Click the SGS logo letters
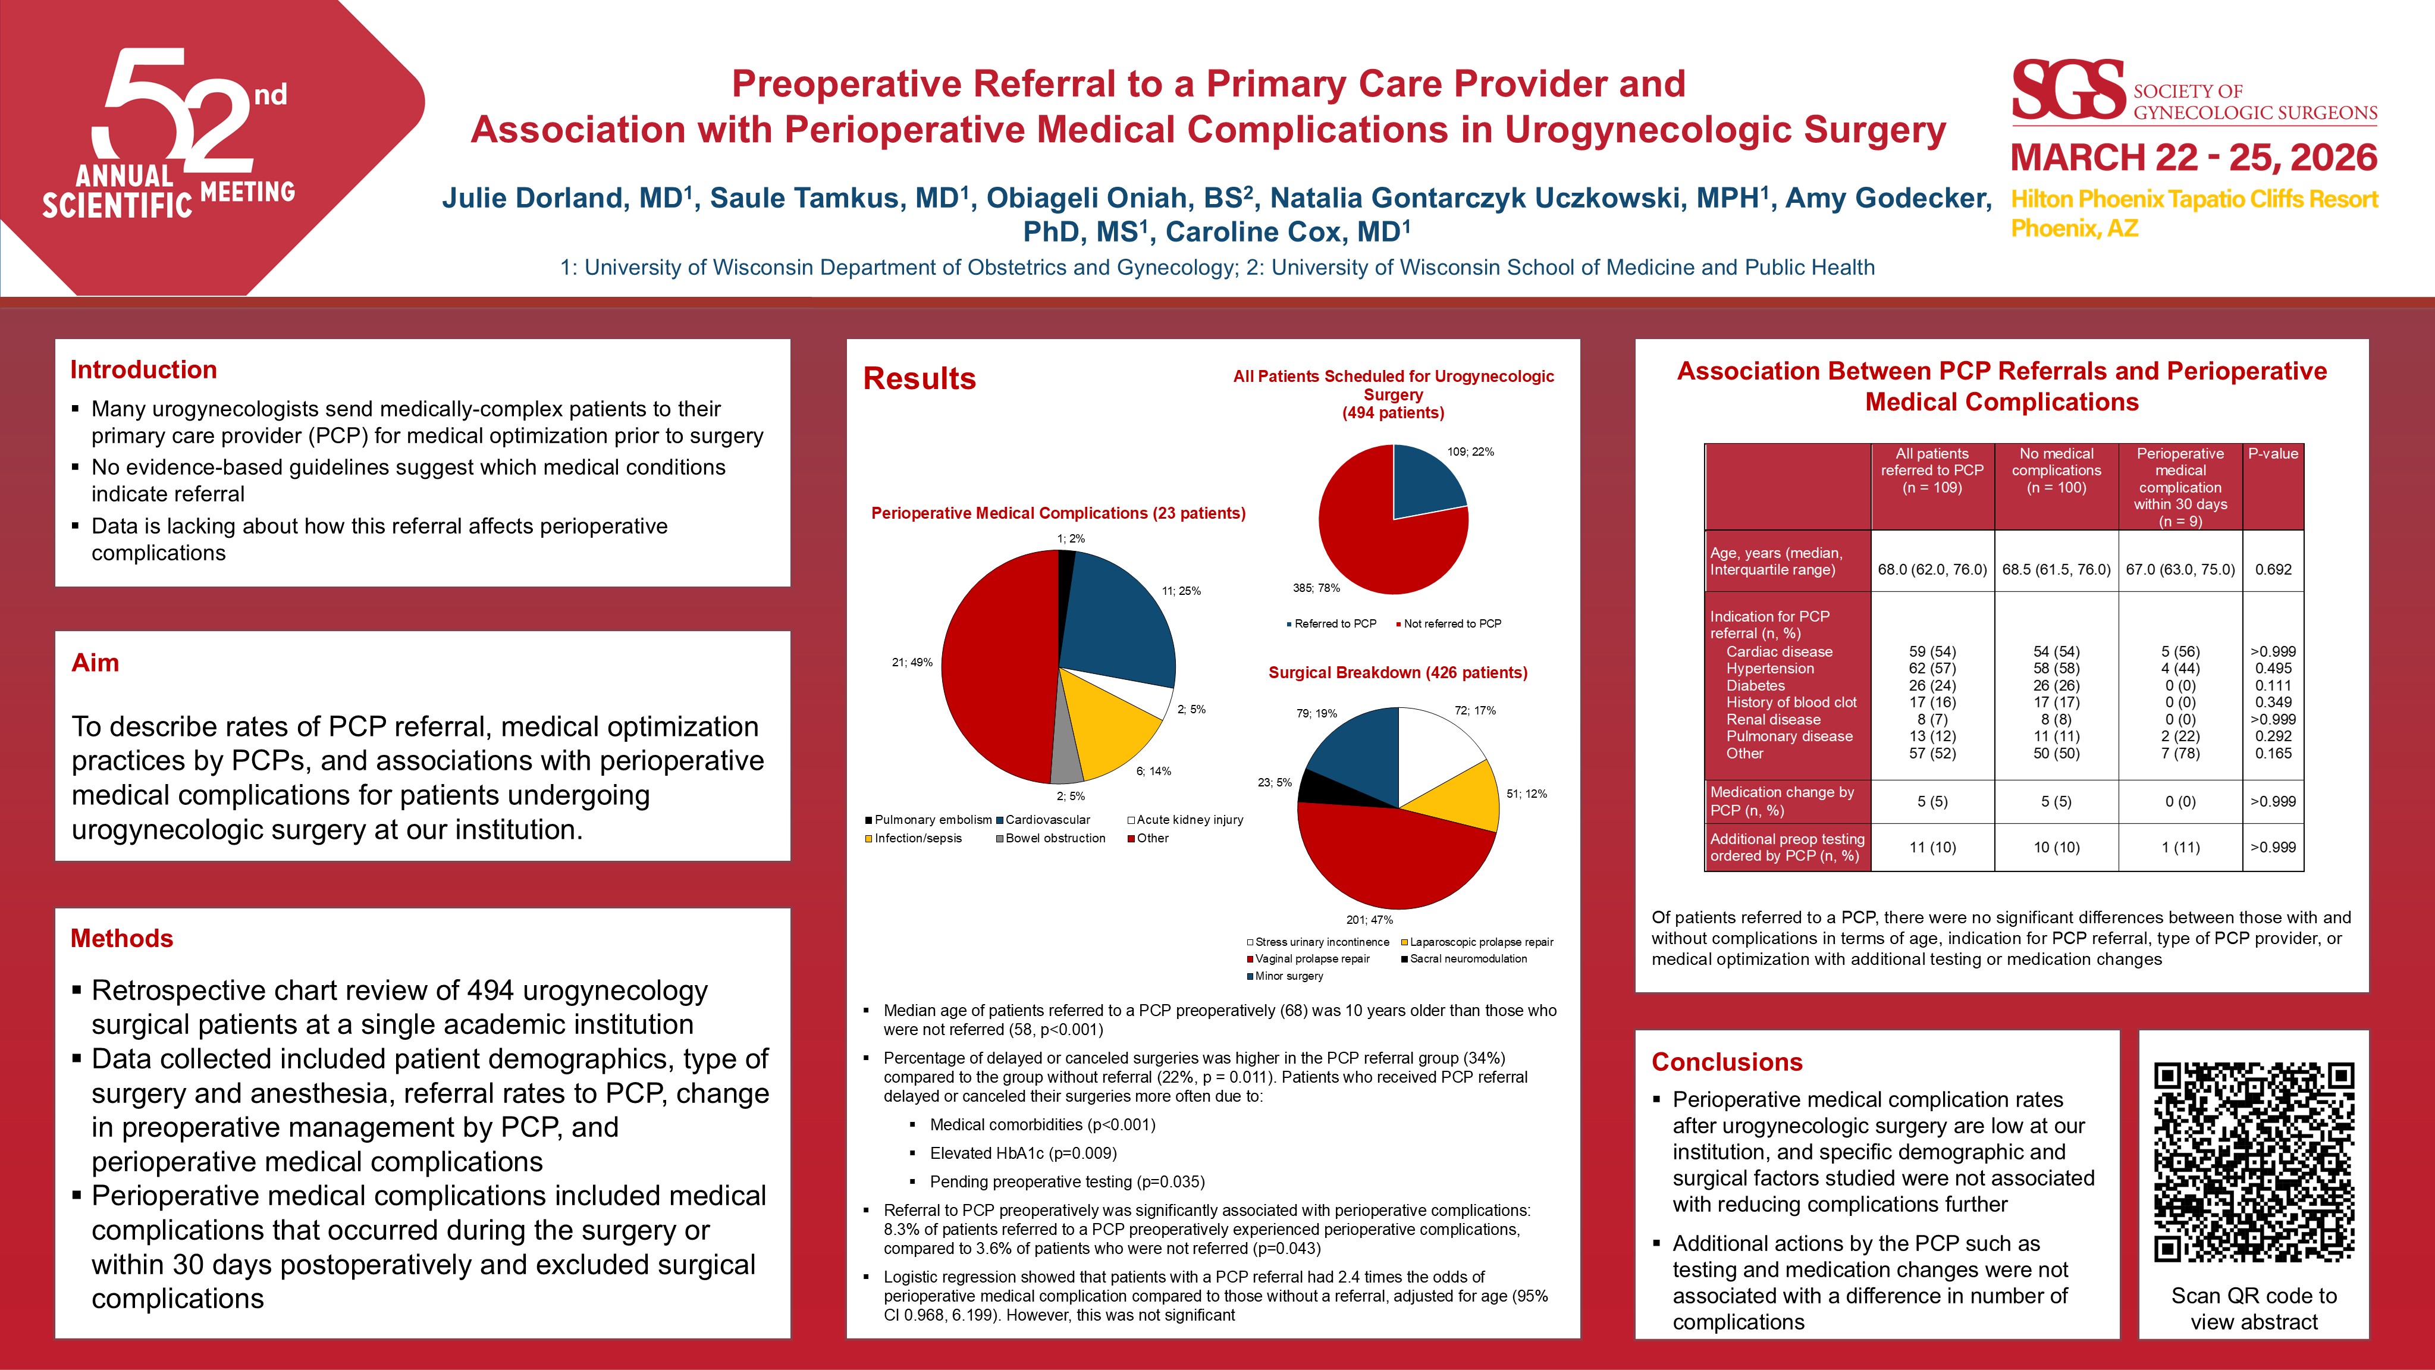[x=2068, y=91]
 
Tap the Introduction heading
[x=144, y=369]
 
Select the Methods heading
[x=122, y=938]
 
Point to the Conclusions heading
[x=1727, y=1062]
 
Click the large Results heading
[x=919, y=378]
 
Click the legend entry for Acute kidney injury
[x=1189, y=820]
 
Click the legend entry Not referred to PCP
[x=1452, y=624]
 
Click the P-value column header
[x=2273, y=454]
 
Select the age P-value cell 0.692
[x=2273, y=569]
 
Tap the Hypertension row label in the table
[x=1769, y=669]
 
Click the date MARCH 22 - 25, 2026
[x=2193, y=158]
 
